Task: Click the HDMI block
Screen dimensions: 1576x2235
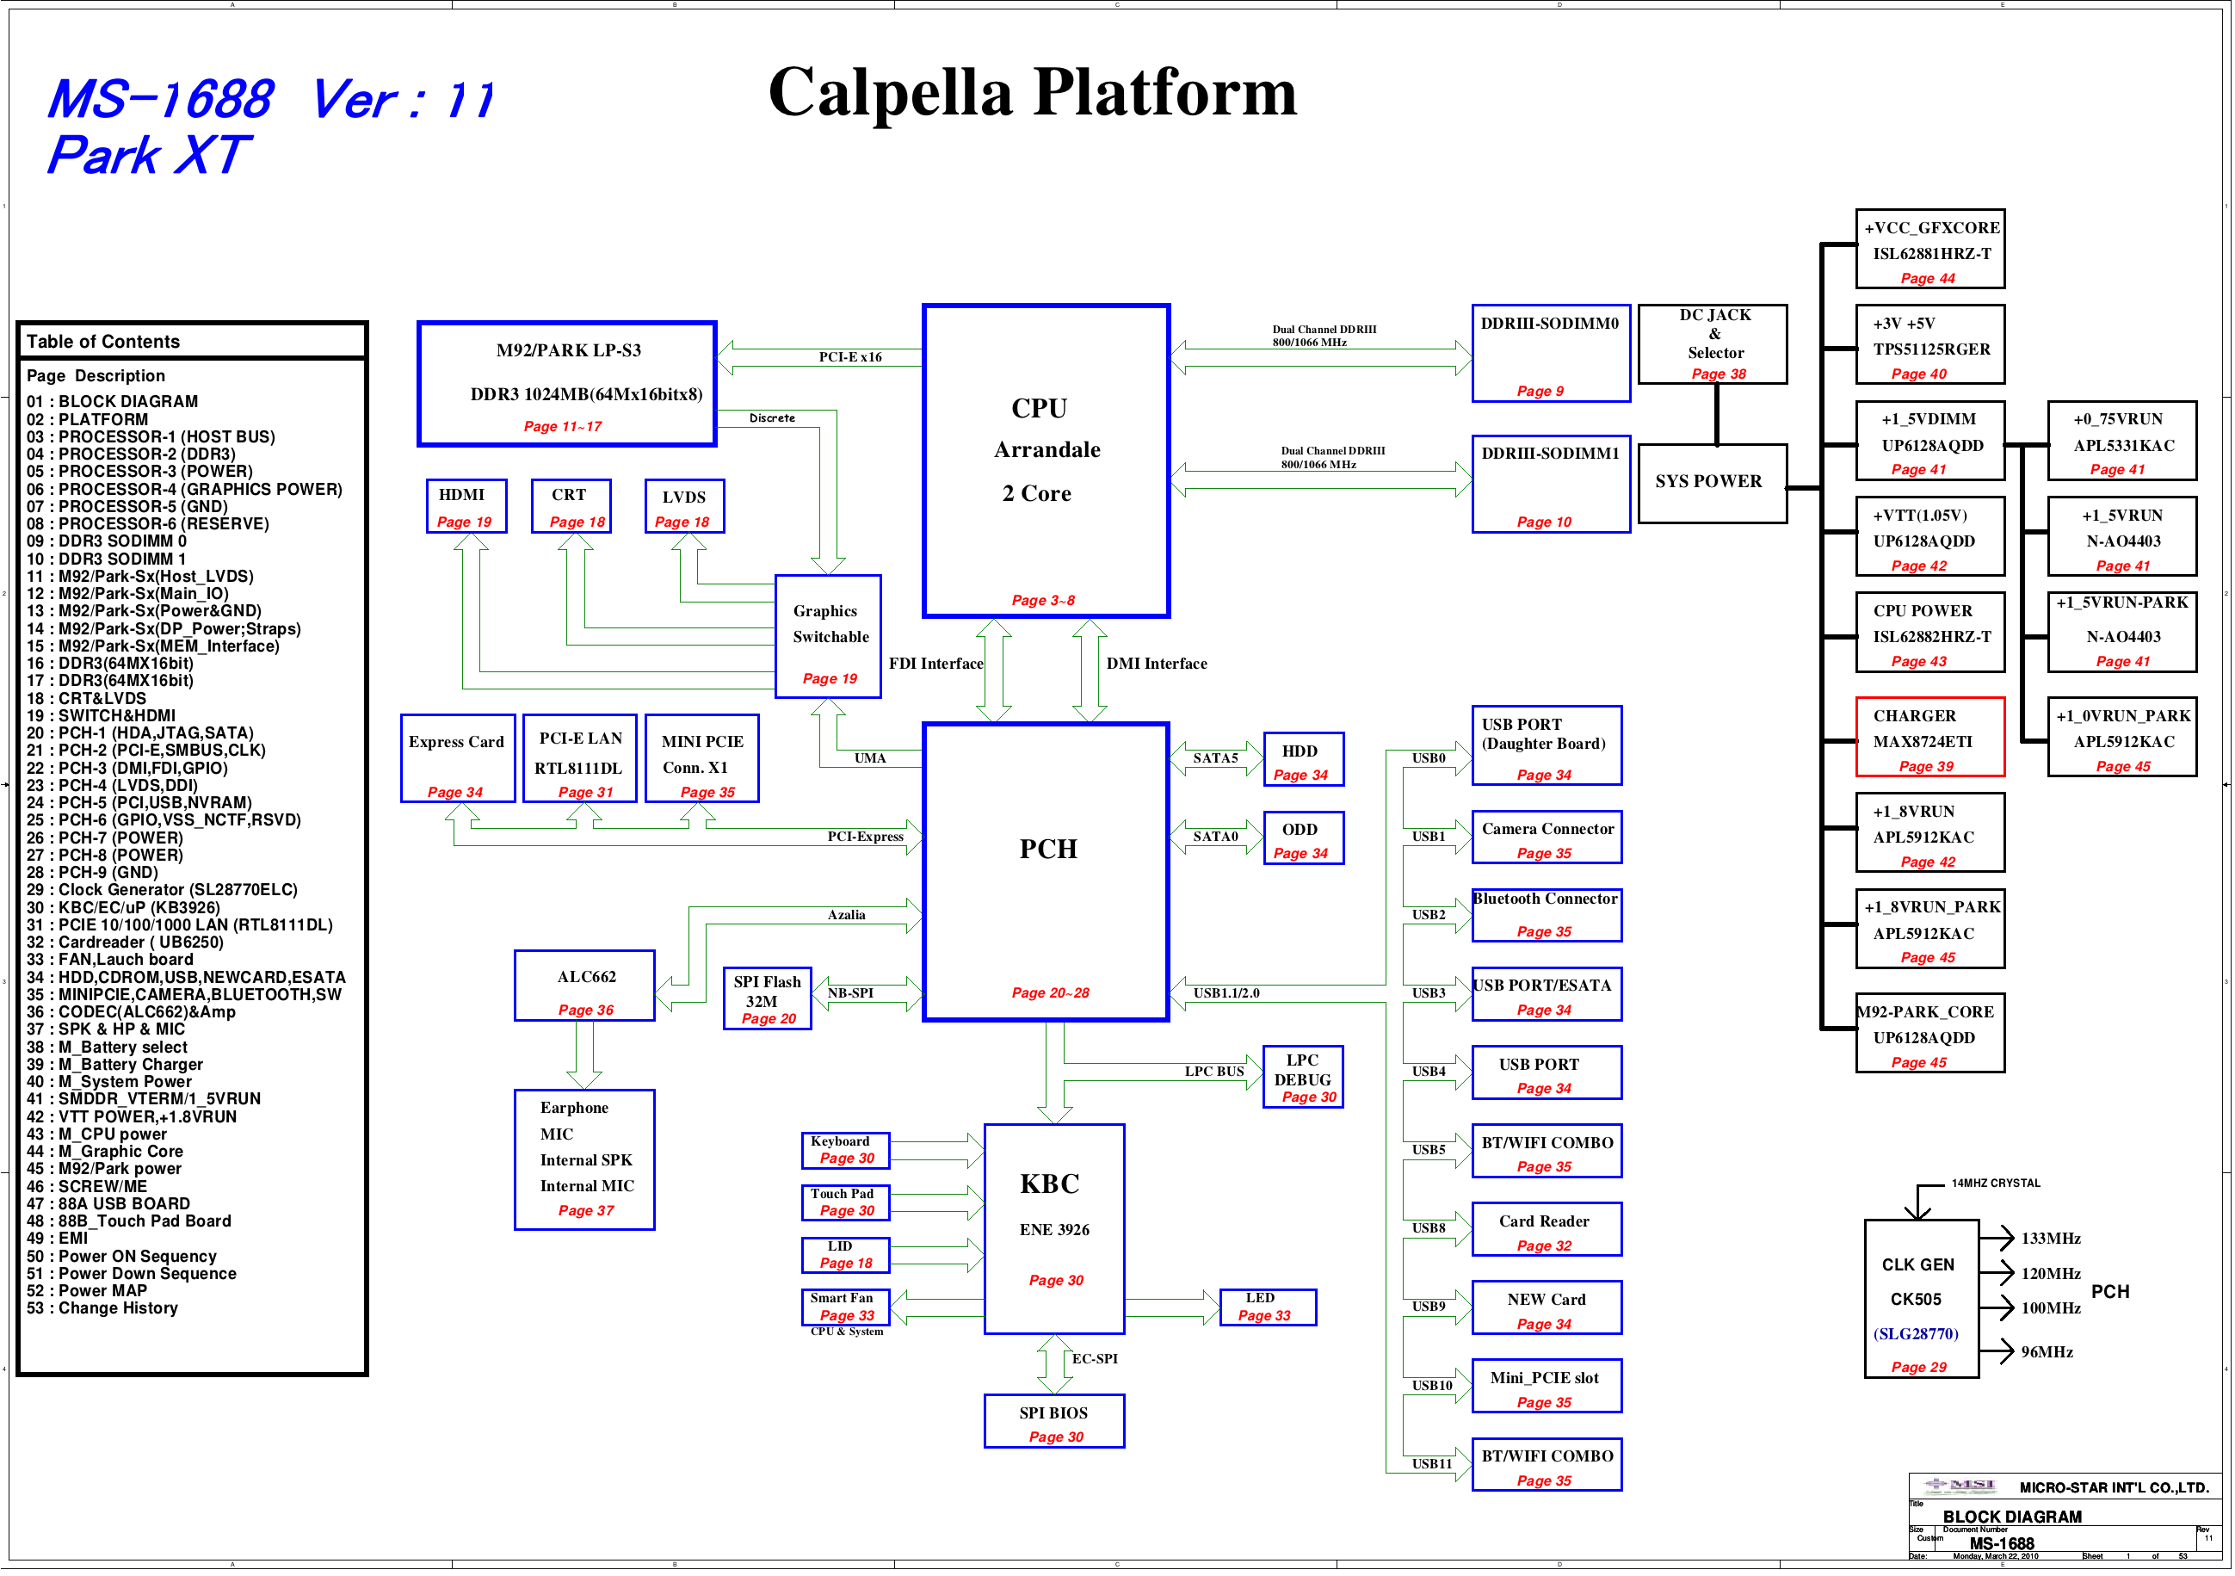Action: tap(466, 506)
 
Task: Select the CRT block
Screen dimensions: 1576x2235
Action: tap(571, 506)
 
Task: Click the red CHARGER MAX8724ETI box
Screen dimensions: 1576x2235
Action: tap(1929, 737)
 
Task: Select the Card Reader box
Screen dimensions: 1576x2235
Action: tap(1546, 1229)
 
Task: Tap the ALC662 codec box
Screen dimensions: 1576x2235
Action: tap(584, 986)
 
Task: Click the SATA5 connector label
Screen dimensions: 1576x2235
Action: tap(1216, 758)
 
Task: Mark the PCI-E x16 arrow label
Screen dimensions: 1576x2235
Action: tap(849, 357)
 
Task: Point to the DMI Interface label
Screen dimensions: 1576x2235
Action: tap(1157, 664)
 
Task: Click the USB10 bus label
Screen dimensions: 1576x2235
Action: tap(1432, 1385)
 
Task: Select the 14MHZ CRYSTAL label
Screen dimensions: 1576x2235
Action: tap(1996, 1184)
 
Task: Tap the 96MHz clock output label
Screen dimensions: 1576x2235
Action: tap(2047, 1352)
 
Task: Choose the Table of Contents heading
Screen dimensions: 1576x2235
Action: tap(103, 342)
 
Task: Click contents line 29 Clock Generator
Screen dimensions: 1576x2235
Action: tap(162, 890)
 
